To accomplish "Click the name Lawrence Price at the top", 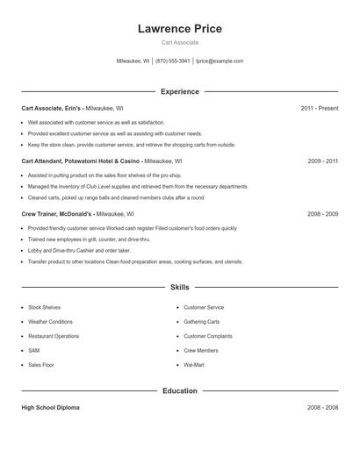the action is (x=179, y=29).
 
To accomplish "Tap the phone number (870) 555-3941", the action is (x=173, y=61).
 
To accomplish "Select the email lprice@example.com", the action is (x=220, y=61).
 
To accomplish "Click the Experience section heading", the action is (x=179, y=91).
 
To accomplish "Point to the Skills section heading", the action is (x=179, y=287).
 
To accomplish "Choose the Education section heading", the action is (x=179, y=391).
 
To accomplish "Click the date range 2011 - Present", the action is (x=319, y=108).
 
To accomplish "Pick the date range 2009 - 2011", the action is (x=322, y=161).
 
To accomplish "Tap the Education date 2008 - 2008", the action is (x=322, y=408).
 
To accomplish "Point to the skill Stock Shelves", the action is (x=45, y=308).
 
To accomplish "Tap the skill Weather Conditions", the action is (x=51, y=322).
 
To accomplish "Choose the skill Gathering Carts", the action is (x=201, y=322).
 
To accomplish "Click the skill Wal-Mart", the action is (x=194, y=364).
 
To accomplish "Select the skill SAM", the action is (x=34, y=350).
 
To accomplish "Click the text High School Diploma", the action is (x=51, y=408).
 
